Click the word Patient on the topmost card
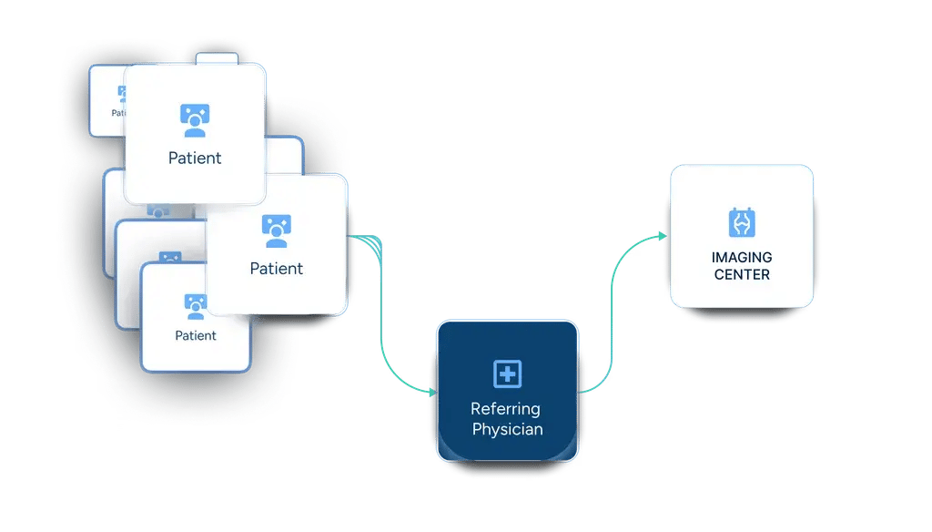pyautogui.click(x=195, y=158)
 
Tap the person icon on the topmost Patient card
pyautogui.click(x=194, y=121)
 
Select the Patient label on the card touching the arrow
pyautogui.click(x=277, y=269)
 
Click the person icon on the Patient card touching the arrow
pyautogui.click(x=276, y=231)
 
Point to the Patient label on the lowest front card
pyautogui.click(x=196, y=335)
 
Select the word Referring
pyautogui.click(x=505, y=409)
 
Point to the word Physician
pyautogui.click(x=507, y=429)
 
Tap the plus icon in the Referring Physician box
pyautogui.click(x=507, y=373)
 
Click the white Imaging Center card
pyautogui.click(x=741, y=236)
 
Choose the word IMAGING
pyautogui.click(x=742, y=258)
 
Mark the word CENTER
pyautogui.click(x=742, y=274)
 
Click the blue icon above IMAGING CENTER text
pyautogui.click(x=742, y=222)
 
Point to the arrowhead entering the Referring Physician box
pyautogui.click(x=431, y=392)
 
